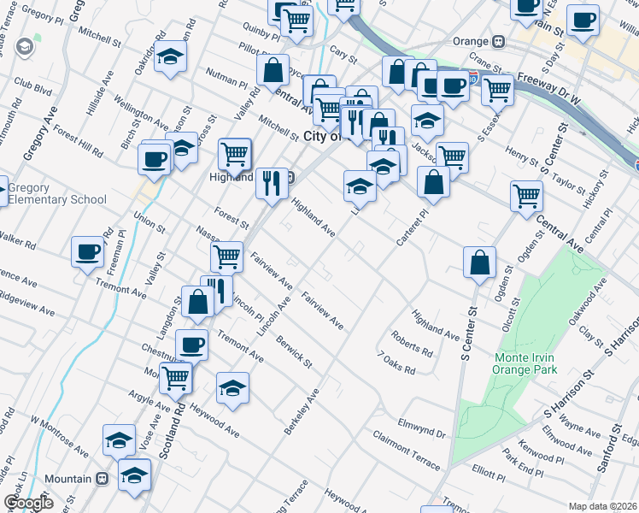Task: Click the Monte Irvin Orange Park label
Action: [525, 363]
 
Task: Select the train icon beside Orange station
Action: [497, 41]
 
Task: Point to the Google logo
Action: [28, 503]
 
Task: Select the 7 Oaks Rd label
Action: [396, 363]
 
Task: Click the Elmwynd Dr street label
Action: [422, 428]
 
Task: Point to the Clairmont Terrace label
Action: [407, 451]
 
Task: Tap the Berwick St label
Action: [294, 353]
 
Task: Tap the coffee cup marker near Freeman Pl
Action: [86, 251]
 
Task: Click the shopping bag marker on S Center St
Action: [479, 262]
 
